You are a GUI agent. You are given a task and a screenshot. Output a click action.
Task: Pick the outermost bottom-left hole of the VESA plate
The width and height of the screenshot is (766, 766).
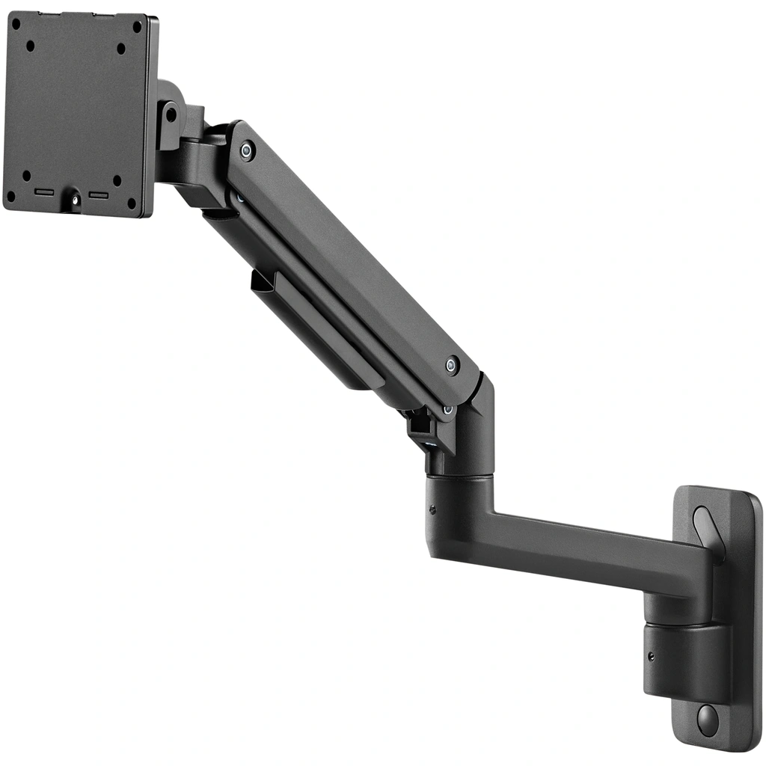tap(10, 197)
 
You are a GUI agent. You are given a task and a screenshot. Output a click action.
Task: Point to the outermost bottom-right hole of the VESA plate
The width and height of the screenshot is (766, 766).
tap(132, 201)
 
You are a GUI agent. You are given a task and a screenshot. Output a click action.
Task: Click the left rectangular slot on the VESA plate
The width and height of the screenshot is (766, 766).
tap(44, 192)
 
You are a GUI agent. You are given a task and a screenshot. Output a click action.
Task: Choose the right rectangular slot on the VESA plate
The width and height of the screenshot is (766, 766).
tap(99, 195)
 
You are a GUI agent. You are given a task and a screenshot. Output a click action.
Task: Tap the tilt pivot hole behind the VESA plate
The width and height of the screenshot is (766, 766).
tap(171, 114)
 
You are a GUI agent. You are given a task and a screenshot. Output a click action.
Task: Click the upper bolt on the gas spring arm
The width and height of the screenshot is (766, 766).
tap(246, 150)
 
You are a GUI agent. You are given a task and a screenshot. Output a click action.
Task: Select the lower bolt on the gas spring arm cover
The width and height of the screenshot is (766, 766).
tap(451, 366)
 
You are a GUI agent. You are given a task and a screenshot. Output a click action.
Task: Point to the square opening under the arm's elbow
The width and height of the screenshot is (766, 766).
tap(420, 424)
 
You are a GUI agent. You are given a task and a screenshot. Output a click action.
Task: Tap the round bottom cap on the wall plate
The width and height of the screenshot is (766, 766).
tap(707, 718)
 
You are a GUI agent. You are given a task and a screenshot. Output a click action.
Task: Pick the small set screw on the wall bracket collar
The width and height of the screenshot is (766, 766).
tap(651, 656)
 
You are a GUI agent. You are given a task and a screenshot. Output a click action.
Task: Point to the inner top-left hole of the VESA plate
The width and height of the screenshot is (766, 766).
tap(31, 46)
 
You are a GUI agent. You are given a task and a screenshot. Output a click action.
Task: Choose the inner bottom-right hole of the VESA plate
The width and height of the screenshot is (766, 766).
tap(117, 180)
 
